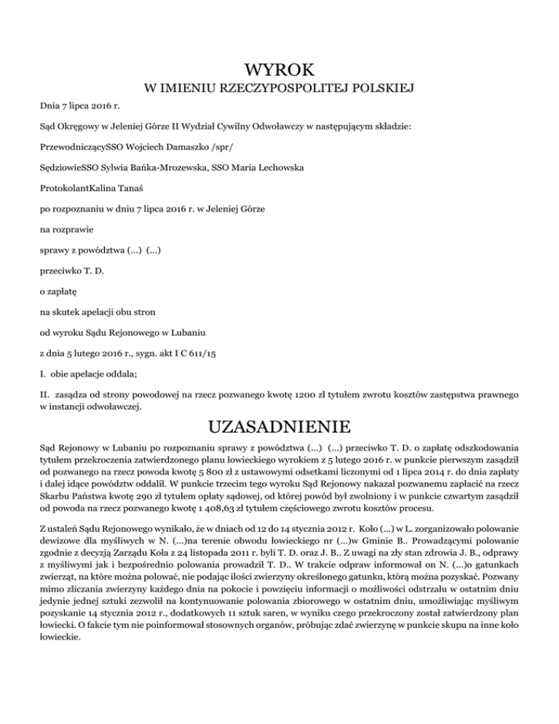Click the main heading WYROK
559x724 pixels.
coord(279,70)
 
